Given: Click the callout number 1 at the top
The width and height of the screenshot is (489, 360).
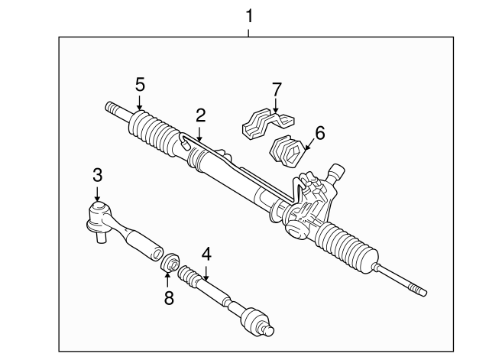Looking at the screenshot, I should coord(248,15).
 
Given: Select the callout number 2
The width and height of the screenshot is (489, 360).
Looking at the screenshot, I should coord(200,115).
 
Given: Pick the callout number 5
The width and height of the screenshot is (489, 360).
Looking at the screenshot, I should coord(139,84).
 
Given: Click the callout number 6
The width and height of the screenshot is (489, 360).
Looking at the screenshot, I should coord(319,133).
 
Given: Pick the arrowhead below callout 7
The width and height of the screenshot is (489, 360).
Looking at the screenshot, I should coord(275,111).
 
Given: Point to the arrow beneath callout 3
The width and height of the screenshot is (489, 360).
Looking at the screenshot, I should coord(97,197).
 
